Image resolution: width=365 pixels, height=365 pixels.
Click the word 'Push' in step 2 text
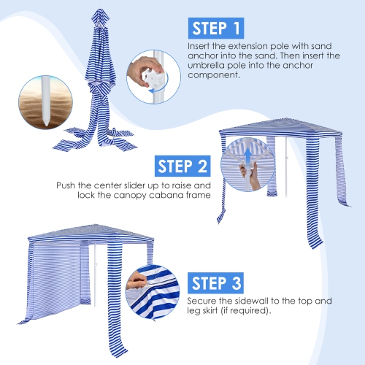click(x=66, y=185)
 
